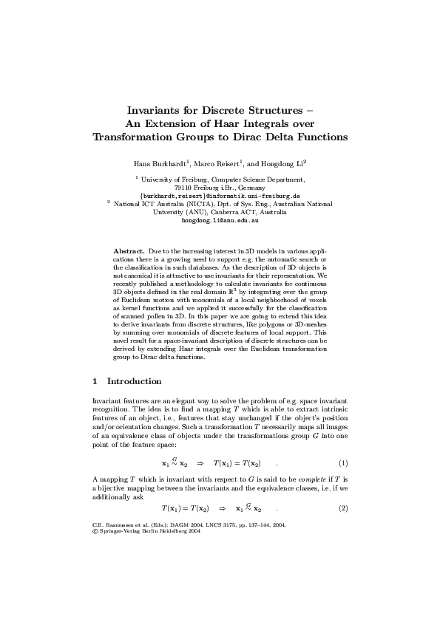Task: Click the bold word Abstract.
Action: point(129,252)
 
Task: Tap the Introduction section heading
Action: point(134,381)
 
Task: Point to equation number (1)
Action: point(343,463)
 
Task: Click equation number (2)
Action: point(343,508)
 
